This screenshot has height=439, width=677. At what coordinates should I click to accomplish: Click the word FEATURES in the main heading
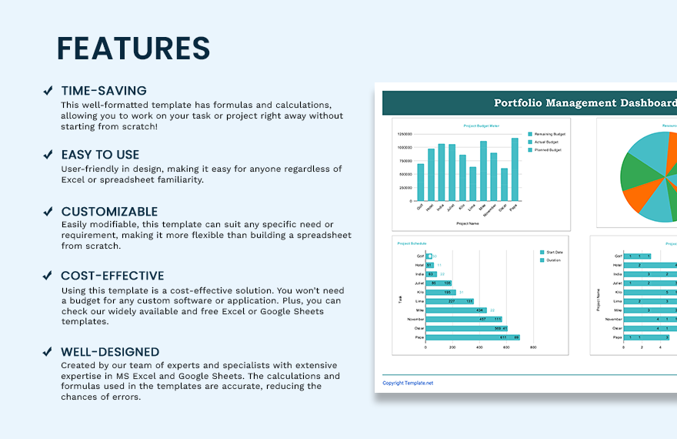[133, 49]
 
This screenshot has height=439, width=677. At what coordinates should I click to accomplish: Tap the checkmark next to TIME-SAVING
[48, 91]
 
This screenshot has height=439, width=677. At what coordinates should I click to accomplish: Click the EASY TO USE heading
[101, 155]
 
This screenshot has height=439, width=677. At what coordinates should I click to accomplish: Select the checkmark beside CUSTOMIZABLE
[48, 211]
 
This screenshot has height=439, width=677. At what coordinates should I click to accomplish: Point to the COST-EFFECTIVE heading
[112, 276]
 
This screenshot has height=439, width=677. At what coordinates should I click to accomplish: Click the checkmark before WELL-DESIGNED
[48, 352]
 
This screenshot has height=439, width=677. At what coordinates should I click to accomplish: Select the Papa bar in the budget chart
[515, 169]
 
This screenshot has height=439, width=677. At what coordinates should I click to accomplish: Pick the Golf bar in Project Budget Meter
[421, 182]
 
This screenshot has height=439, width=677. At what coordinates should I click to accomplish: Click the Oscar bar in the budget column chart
[504, 184]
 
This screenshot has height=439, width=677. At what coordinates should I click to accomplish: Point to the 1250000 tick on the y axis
[404, 133]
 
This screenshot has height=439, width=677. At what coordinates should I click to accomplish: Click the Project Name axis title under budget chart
[468, 223]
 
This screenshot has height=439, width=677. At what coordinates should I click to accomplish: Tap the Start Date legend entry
[553, 252]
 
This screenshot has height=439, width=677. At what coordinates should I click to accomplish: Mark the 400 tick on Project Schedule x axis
[479, 347]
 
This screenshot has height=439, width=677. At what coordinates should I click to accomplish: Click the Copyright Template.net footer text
[408, 383]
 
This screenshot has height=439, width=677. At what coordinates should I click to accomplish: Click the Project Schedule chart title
[412, 243]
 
